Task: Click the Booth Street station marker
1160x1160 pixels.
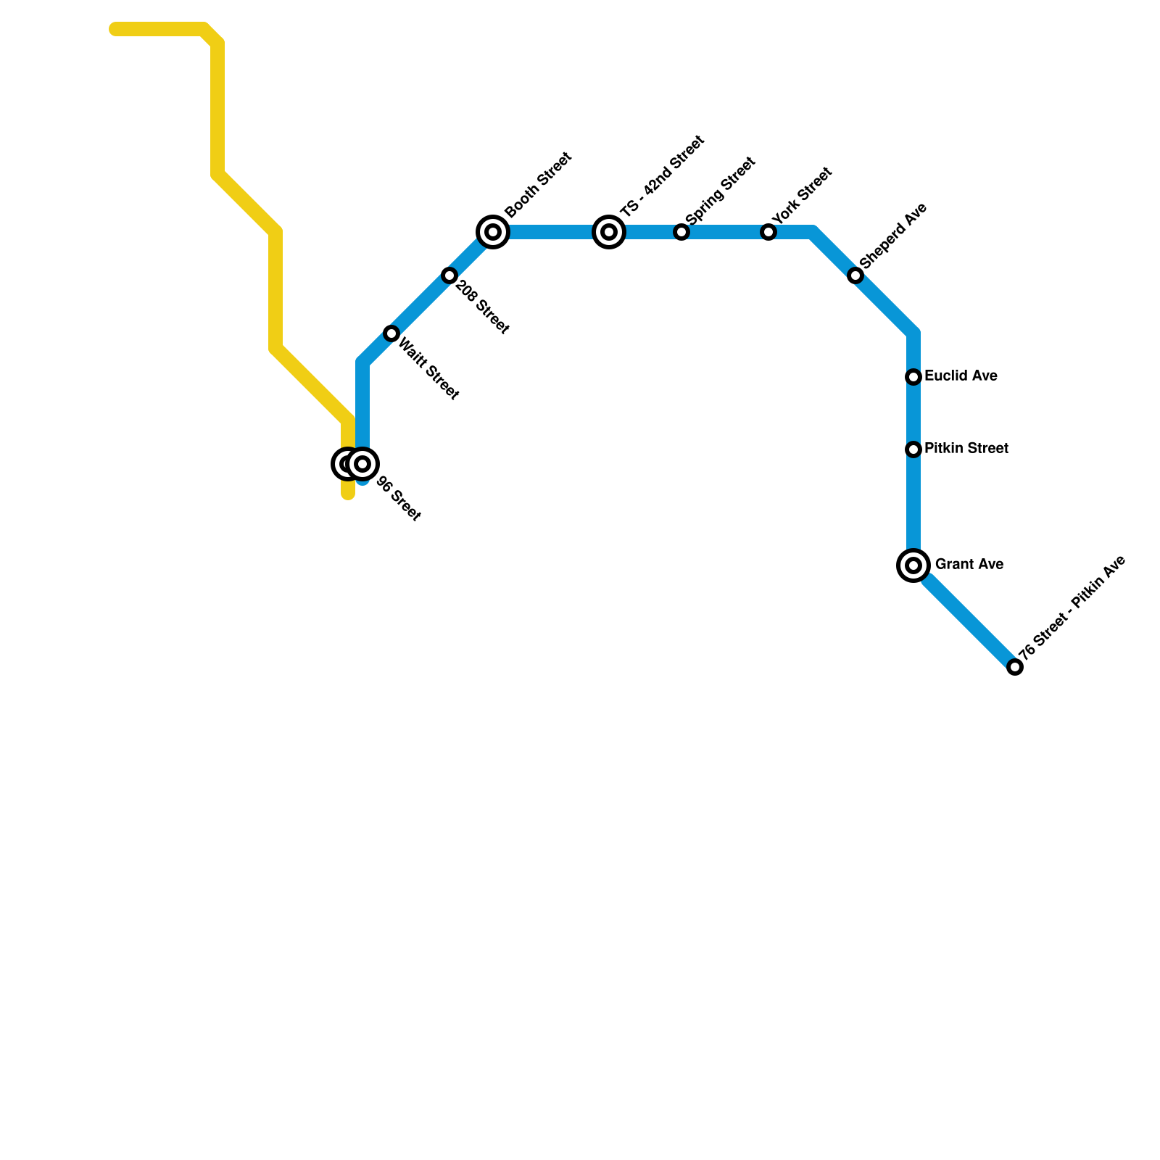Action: point(493,232)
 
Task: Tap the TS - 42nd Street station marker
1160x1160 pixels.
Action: point(609,232)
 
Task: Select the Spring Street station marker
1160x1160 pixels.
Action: point(681,232)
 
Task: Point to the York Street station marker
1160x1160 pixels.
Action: point(768,232)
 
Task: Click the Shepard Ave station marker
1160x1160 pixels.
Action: point(855,275)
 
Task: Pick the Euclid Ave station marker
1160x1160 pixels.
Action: point(913,377)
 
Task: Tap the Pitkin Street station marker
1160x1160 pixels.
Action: point(913,449)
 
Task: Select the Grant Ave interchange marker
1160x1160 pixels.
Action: point(913,565)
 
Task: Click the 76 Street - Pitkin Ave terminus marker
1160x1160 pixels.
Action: point(1015,667)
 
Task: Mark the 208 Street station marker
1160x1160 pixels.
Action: point(449,275)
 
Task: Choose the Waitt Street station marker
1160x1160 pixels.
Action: point(391,333)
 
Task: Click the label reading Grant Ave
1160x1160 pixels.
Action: point(969,565)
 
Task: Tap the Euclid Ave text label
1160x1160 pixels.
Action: point(961,376)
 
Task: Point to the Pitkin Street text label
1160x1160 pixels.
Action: point(966,449)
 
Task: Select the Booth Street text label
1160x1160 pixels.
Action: point(539,185)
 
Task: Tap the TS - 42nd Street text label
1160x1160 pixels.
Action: point(662,175)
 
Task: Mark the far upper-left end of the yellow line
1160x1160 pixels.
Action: point(115,29)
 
